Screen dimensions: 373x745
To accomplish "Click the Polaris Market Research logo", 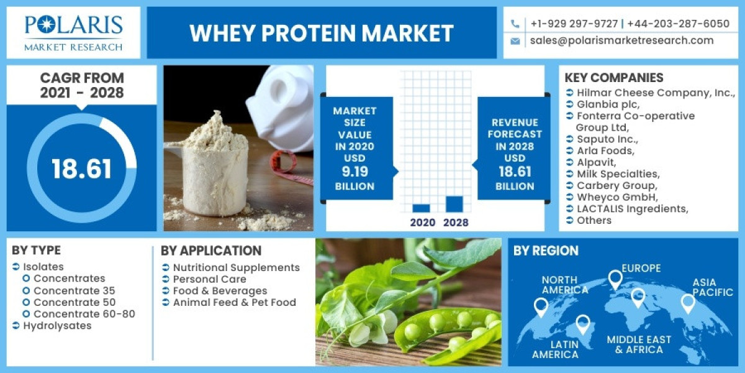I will click(73, 32).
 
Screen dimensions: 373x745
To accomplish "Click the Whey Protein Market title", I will click(322, 33).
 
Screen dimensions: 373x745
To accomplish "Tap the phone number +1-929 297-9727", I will click(574, 24).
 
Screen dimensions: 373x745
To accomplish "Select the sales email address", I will click(621, 40).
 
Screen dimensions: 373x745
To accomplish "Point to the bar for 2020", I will click(421, 208).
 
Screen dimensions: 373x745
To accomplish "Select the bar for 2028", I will click(454, 204).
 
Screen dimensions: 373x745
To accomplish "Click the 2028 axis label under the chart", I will click(456, 223).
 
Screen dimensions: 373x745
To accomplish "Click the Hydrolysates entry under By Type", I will click(57, 326).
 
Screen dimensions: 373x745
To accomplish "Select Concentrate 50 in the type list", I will click(74, 302).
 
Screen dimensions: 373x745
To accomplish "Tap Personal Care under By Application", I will click(209, 279).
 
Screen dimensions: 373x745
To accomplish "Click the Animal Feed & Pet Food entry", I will click(234, 303).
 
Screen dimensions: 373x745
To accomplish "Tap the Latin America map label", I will click(555, 349).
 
